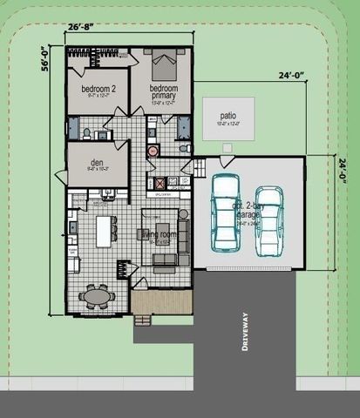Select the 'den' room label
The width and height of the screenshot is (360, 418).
click(x=96, y=158)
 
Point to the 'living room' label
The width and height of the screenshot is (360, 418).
click(x=160, y=234)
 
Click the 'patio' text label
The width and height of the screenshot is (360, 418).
click(x=228, y=114)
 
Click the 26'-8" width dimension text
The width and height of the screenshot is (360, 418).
click(x=80, y=26)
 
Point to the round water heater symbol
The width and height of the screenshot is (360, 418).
click(x=153, y=150)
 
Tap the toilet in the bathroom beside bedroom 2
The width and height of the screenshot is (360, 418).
click(x=88, y=133)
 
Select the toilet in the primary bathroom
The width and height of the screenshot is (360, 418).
click(x=183, y=149)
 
